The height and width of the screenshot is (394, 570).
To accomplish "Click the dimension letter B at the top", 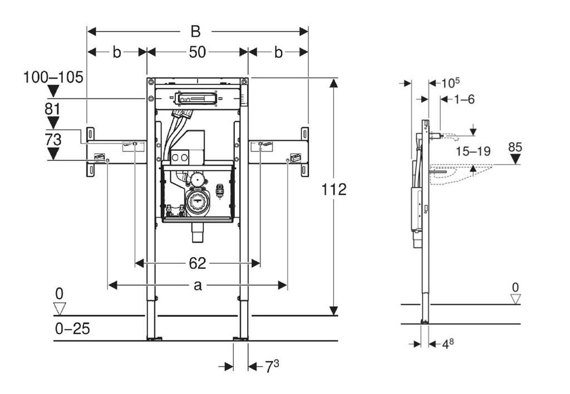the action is pyautogui.click(x=195, y=32).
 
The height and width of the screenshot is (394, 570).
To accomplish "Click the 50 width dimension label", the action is pyautogui.click(x=198, y=52).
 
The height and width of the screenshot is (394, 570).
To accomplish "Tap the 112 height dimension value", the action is pyautogui.click(x=334, y=189).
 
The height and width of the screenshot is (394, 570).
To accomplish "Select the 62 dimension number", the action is pyautogui.click(x=198, y=263).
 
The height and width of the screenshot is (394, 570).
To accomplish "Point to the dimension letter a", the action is pyautogui.click(x=198, y=285).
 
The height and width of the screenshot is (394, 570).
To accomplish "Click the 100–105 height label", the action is pyautogui.click(x=53, y=77).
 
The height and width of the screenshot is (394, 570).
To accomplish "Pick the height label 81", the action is pyautogui.click(x=53, y=109).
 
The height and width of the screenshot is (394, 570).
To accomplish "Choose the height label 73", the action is pyautogui.click(x=53, y=140).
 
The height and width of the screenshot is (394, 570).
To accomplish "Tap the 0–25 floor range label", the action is pyautogui.click(x=72, y=328).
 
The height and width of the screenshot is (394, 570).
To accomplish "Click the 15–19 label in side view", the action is pyautogui.click(x=473, y=151).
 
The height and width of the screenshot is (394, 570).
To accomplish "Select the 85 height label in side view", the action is pyautogui.click(x=515, y=147).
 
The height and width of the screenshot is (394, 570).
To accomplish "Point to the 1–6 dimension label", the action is pyautogui.click(x=464, y=99).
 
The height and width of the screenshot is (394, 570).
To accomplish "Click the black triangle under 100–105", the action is pyautogui.click(x=53, y=91).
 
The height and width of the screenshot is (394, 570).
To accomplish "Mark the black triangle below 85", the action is pyautogui.click(x=515, y=159).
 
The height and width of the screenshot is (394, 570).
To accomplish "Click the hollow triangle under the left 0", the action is pyautogui.click(x=60, y=308).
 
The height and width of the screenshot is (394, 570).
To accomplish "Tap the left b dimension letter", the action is pyautogui.click(x=117, y=52).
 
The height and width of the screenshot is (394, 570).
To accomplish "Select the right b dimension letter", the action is pyautogui.click(x=278, y=52).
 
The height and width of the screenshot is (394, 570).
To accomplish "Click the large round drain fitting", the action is pyautogui.click(x=198, y=202).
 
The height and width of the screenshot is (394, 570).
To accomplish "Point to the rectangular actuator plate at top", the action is pyautogui.click(x=196, y=98).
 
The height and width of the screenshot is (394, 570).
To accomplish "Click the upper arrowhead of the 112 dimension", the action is pyautogui.click(x=334, y=83).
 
